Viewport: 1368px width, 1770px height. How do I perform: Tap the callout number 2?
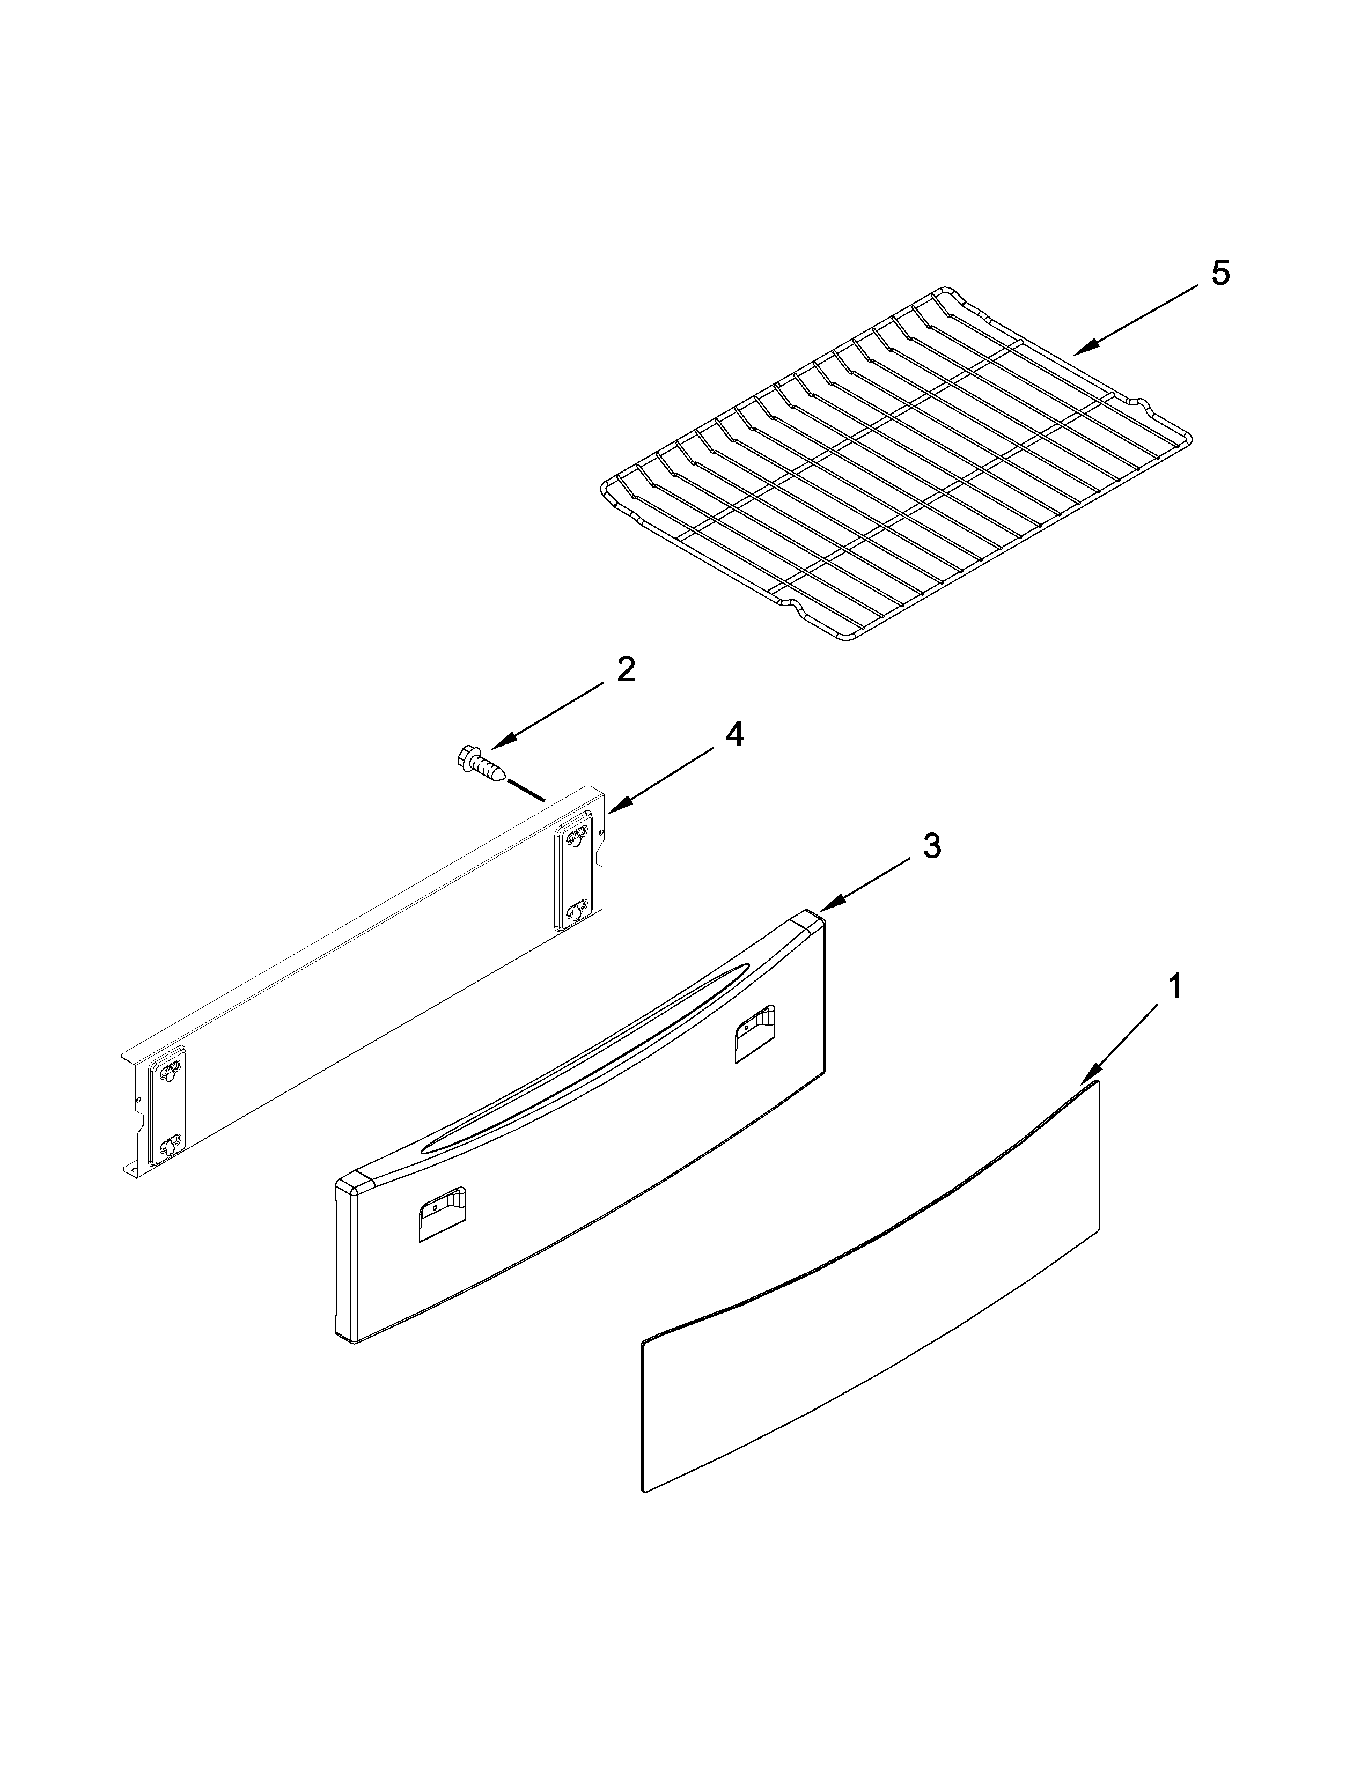coord(626,670)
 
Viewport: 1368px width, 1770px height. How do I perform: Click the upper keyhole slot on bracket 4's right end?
coord(575,835)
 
